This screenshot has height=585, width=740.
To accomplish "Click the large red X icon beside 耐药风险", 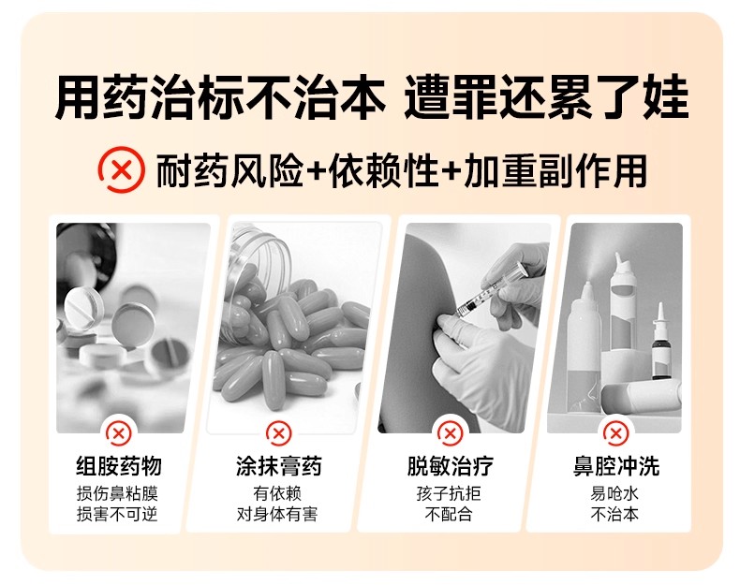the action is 121,169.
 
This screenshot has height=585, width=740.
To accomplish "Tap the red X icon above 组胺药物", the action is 118,432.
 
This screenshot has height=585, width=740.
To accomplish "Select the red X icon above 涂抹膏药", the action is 279,432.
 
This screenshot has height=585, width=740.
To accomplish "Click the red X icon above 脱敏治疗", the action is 450,432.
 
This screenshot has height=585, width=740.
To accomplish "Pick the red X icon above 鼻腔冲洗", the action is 615,432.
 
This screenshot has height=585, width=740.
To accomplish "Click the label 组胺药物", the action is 119,466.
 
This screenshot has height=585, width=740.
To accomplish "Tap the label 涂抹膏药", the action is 279,466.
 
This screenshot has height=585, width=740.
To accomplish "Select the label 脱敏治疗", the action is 451,466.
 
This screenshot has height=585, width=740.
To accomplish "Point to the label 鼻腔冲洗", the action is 615,466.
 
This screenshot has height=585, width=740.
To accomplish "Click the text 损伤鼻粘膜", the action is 117,493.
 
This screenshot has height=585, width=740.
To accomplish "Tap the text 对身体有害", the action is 277,514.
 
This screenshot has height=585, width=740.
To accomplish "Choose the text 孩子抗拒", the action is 449,493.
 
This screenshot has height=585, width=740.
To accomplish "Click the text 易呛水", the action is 614,493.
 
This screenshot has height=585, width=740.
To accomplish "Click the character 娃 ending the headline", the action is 665,96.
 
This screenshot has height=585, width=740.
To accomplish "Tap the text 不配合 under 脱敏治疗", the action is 449,514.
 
